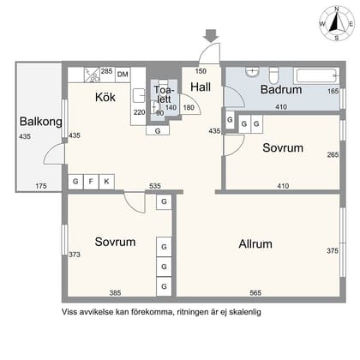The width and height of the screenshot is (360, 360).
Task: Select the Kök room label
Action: click(x=105, y=98)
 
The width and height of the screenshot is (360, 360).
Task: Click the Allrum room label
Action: click(x=261, y=243)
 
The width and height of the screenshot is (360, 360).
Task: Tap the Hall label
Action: click(x=201, y=87)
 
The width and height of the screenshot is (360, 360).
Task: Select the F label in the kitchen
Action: click(x=92, y=182)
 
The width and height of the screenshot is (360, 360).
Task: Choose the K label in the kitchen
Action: click(x=107, y=182)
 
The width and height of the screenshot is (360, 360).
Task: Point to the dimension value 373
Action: click(x=75, y=255)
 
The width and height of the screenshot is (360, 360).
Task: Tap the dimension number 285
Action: click(x=106, y=71)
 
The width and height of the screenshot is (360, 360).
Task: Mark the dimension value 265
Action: click(x=333, y=155)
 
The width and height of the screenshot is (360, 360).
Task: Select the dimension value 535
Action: click(x=155, y=185)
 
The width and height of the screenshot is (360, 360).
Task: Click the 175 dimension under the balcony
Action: click(x=41, y=185)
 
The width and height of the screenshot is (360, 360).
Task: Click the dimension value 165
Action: click(x=333, y=91)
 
